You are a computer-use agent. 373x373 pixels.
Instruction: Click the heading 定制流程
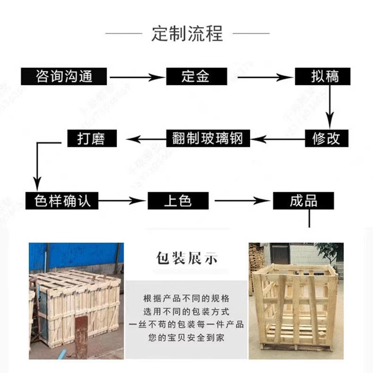(x=186, y=34)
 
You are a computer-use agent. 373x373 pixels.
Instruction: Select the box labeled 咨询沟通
(x=64, y=76)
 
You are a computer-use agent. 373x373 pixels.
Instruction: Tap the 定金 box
(x=195, y=76)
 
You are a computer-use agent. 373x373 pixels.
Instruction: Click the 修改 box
(x=326, y=138)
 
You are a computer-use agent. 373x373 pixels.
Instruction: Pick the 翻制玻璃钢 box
(x=207, y=138)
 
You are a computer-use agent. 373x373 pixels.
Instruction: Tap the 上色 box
(x=178, y=201)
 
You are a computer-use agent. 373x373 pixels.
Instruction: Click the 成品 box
(x=303, y=201)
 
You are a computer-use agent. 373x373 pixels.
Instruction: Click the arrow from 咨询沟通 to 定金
(x=136, y=76)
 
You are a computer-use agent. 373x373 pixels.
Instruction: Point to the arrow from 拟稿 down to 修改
(x=331, y=106)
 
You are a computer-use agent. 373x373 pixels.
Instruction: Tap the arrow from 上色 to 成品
(x=241, y=201)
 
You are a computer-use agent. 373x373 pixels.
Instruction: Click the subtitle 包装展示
(x=186, y=259)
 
